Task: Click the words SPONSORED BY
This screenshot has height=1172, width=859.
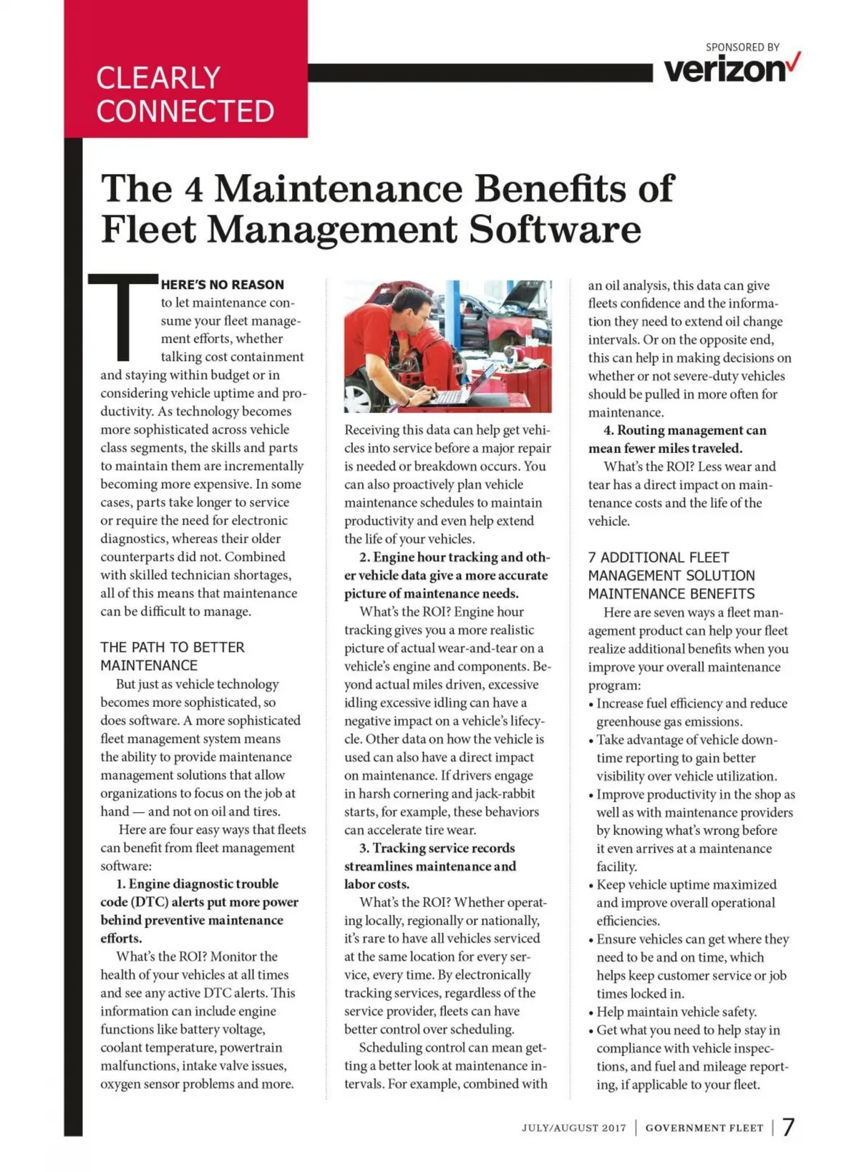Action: pyautogui.click(x=742, y=47)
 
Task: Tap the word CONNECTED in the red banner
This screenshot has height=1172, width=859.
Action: pyautogui.click(x=185, y=112)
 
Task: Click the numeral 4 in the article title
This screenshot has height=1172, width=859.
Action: pyautogui.click(x=193, y=189)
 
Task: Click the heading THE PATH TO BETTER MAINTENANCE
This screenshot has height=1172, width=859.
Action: pyautogui.click(x=173, y=656)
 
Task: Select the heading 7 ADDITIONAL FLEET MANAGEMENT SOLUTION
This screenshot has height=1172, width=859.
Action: pyautogui.click(x=671, y=575)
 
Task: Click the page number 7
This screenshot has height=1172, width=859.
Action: pyautogui.click(x=788, y=1127)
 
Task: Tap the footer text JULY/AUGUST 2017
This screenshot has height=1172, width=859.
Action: pyautogui.click(x=573, y=1128)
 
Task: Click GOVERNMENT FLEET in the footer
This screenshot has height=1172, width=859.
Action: pyautogui.click(x=704, y=1128)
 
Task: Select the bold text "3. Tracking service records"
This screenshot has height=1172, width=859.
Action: pyautogui.click(x=437, y=848)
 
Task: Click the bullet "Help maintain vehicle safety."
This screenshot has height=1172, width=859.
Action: pyautogui.click(x=676, y=1012)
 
